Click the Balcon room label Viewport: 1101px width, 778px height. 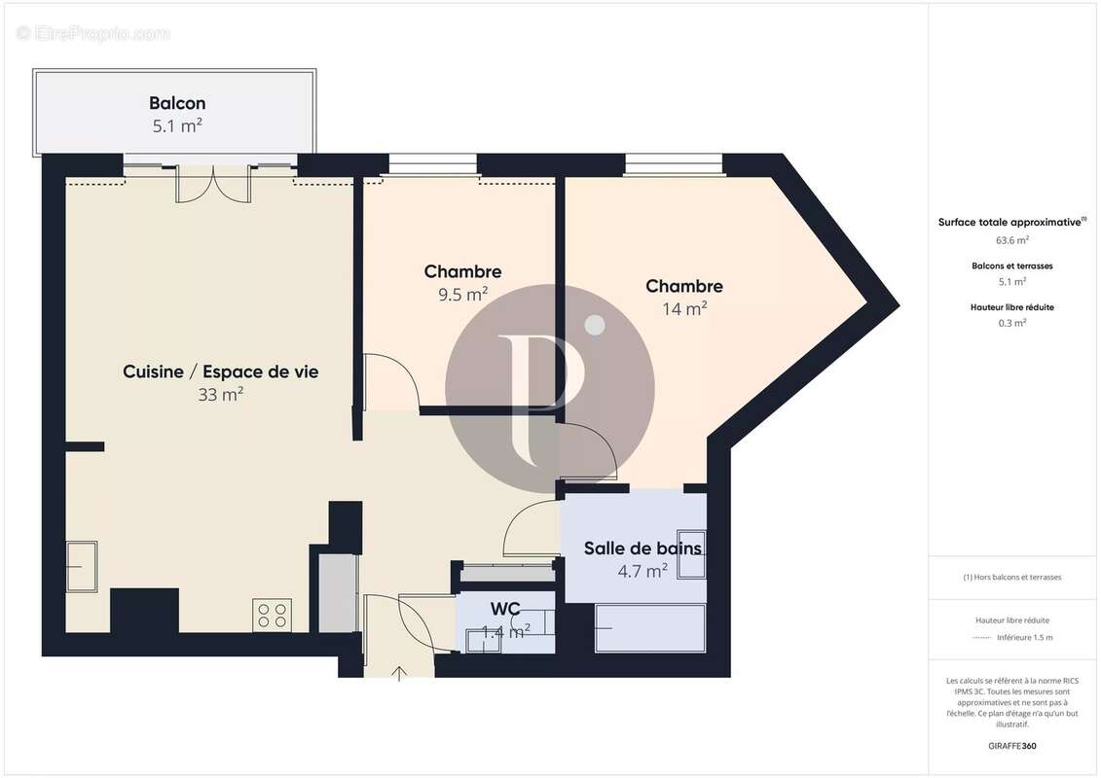point(177,103)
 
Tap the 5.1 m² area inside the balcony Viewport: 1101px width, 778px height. point(177,125)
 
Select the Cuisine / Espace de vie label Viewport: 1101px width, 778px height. point(220,371)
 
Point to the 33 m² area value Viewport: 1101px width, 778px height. point(220,394)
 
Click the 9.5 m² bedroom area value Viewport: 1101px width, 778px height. point(462,294)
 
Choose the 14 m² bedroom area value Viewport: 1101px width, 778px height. point(684,308)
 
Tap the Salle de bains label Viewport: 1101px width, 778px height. point(642,548)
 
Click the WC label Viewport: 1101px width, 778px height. point(504,610)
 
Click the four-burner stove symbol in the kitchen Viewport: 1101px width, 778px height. point(272,616)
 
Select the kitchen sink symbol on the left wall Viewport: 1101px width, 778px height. point(82,566)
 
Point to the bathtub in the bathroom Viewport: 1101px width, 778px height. point(649,628)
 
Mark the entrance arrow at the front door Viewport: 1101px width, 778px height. point(399,673)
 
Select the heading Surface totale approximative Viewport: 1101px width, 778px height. point(1009,222)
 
